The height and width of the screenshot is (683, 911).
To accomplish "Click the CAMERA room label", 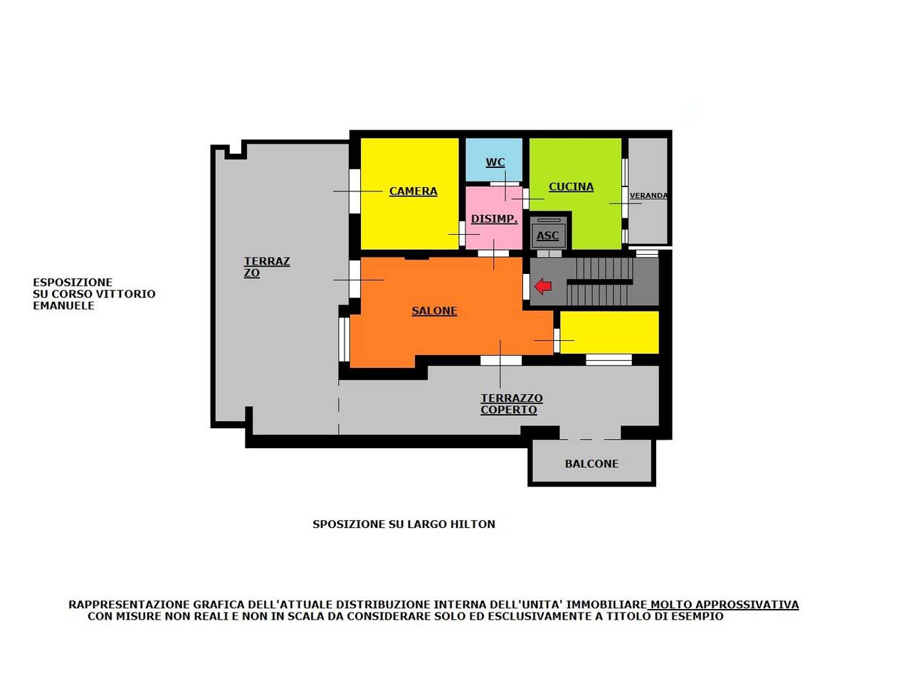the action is click(413, 191).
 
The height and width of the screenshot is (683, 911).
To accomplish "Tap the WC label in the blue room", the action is click(495, 162).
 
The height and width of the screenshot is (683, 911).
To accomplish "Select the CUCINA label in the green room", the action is click(571, 187).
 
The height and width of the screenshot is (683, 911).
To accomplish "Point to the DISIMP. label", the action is click(495, 219).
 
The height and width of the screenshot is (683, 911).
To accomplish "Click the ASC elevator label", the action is click(547, 235).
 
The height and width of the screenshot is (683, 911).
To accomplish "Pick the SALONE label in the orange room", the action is click(435, 311).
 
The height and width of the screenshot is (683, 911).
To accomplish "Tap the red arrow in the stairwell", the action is click(543, 286).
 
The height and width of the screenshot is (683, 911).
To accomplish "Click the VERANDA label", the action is click(648, 196).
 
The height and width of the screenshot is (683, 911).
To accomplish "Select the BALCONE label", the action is click(591, 464).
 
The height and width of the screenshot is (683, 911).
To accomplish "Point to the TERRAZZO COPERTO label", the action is click(512, 404).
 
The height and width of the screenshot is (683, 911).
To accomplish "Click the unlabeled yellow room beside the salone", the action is click(609, 332).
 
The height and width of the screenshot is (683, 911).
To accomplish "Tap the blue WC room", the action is click(493, 159).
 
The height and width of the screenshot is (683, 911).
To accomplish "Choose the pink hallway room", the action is click(493, 218).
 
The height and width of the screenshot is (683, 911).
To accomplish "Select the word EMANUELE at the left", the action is click(64, 306).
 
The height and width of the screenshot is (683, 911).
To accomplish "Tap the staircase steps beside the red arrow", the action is click(600, 282).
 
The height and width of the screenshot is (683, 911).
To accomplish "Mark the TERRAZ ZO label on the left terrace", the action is click(267, 267).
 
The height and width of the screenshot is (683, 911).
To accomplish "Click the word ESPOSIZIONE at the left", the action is click(73, 282).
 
